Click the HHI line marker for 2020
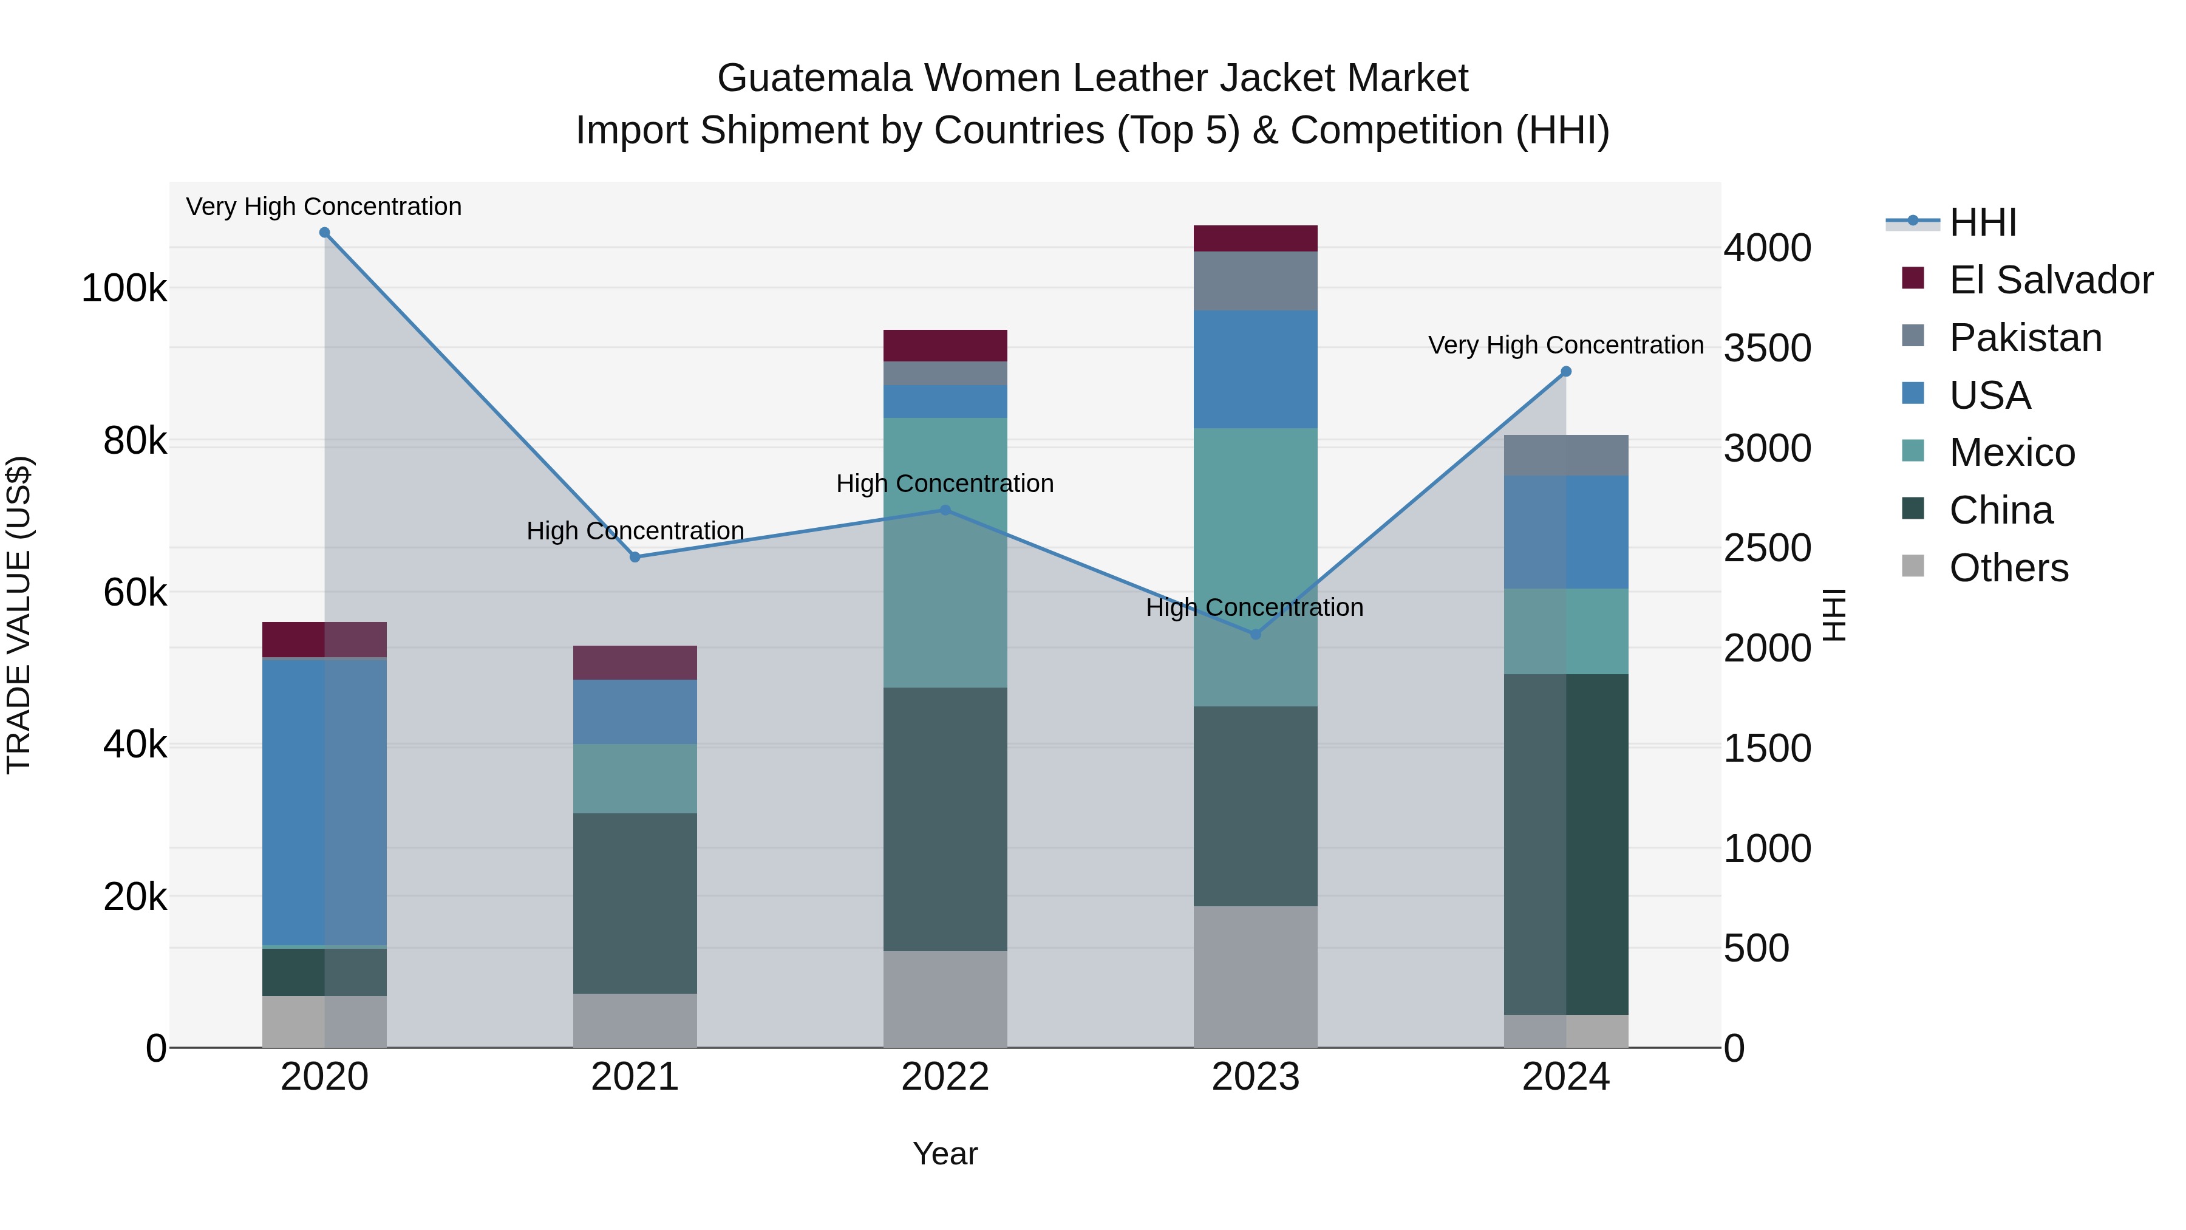pyautogui.click(x=324, y=233)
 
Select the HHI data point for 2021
pyautogui.click(x=635, y=557)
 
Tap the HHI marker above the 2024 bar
pyautogui.click(x=1565, y=372)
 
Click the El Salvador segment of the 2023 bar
pyautogui.click(x=1255, y=239)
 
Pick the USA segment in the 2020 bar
pyautogui.click(x=324, y=801)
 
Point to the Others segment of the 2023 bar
pyautogui.click(x=1255, y=976)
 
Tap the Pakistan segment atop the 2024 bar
pyautogui.click(x=1565, y=455)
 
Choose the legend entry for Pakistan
pyautogui.click(x=2024, y=338)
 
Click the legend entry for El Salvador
pyautogui.click(x=2049, y=280)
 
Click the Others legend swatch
pyautogui.click(x=1913, y=566)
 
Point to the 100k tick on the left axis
pyautogui.click(x=124, y=289)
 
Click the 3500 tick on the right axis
pyautogui.click(x=1768, y=348)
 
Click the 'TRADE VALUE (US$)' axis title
pyautogui.click(x=19, y=615)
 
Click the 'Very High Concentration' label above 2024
pyautogui.click(x=1565, y=346)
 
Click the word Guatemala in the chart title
pyautogui.click(x=815, y=78)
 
